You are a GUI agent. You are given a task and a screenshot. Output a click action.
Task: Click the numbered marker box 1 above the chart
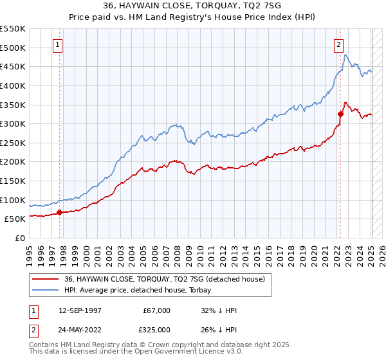click(x=59, y=45)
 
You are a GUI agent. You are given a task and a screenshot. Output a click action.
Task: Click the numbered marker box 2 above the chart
click(x=338, y=45)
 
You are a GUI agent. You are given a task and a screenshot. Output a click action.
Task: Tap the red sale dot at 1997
click(x=59, y=212)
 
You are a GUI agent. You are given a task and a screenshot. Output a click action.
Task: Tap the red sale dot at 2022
click(x=341, y=114)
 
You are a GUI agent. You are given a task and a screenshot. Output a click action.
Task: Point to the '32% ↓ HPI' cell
click(x=219, y=310)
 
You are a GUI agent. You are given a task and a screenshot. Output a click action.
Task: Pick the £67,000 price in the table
click(x=156, y=310)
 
